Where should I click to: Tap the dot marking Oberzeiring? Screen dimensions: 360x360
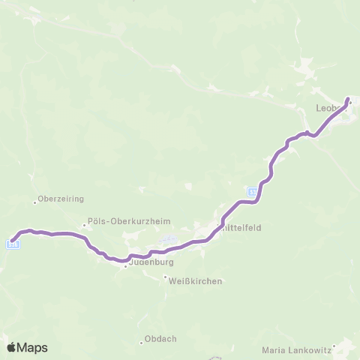tap(35, 201)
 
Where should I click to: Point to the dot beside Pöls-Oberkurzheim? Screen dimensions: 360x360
tap(85, 224)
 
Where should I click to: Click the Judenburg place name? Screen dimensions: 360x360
tap(148, 263)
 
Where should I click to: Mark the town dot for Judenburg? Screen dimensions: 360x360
tap(125, 265)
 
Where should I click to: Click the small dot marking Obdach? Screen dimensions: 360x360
tap(141, 342)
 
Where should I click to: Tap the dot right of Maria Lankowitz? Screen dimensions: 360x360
tap(335, 346)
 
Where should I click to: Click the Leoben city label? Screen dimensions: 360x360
tap(330, 108)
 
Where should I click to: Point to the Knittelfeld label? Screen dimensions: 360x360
tap(240, 228)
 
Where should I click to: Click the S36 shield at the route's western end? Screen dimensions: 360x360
tap(13, 244)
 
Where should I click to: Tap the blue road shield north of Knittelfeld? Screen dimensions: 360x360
tap(253, 192)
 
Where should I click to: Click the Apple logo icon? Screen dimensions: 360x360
tap(13, 347)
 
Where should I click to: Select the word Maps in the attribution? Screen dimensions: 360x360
tap(34, 347)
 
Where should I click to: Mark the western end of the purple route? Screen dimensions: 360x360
tap(12, 240)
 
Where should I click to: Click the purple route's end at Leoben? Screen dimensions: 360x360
tap(348, 99)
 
